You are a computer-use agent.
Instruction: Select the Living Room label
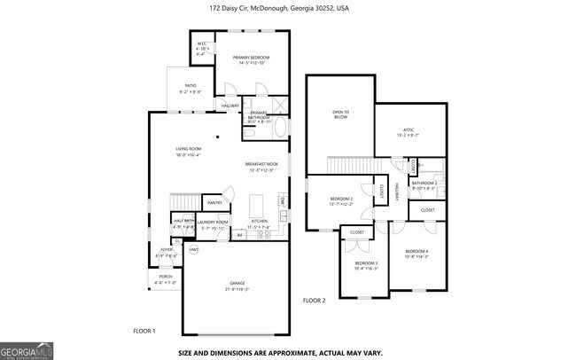[188, 149]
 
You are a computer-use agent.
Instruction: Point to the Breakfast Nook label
[261, 165]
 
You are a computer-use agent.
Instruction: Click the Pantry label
[214, 202]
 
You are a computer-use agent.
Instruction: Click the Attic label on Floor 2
[409, 130]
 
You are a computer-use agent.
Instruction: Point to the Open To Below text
[340, 114]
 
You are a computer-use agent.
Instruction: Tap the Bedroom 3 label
[367, 263]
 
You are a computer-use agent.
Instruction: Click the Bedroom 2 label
[341, 199]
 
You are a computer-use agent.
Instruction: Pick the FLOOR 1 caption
[144, 331]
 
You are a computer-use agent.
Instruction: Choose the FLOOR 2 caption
[315, 301]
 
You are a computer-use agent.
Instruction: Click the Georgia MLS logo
[27, 349]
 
